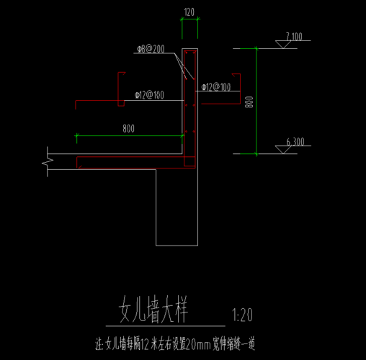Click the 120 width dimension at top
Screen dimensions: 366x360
pyautogui.click(x=189, y=12)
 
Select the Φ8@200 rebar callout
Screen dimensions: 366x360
pyautogui.click(x=151, y=49)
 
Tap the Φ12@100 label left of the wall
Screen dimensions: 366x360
pyautogui.click(x=149, y=95)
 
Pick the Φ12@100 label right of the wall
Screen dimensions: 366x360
pyautogui.click(x=216, y=87)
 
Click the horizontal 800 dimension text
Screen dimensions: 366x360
pyautogui.click(x=129, y=129)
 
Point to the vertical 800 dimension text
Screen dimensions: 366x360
pyautogui.click(x=249, y=102)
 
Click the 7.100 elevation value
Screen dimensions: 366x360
pyautogui.click(x=294, y=37)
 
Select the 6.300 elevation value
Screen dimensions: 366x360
pyautogui.click(x=295, y=142)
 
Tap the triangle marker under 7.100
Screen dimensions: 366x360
pyautogui.click(x=283, y=45)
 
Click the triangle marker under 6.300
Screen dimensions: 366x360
pyautogui.click(x=283, y=150)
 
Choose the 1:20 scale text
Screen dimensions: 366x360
pyautogui.click(x=242, y=315)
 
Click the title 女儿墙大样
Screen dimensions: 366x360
pyautogui.click(x=153, y=309)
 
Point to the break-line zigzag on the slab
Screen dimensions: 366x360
pyautogui.click(x=48, y=162)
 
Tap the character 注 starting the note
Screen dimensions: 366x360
pyautogui.click(x=99, y=344)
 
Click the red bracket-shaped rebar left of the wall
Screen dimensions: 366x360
pyautogui.click(x=118, y=89)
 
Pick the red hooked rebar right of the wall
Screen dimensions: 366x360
pyautogui.click(x=240, y=89)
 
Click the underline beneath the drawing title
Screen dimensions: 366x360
pyautogui.click(x=166, y=326)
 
